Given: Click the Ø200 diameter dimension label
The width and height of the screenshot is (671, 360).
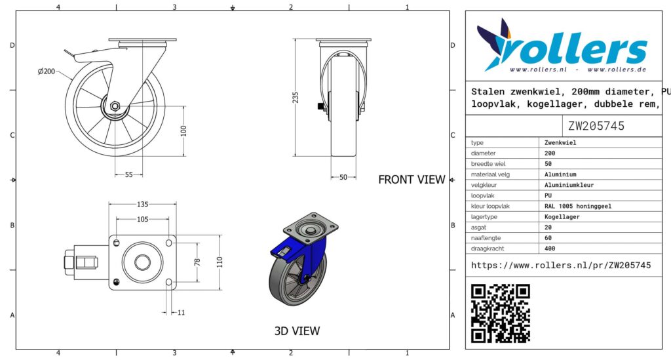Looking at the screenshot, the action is [47, 71].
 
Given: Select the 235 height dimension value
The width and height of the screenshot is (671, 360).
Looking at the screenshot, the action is [296, 98].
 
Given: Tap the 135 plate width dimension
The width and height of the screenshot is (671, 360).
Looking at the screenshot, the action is [142, 204].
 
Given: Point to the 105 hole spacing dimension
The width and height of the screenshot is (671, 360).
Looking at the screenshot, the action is [142, 219].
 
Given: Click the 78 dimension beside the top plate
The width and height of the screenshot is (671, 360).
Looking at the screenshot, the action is [197, 262].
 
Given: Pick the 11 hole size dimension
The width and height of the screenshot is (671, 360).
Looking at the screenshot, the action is [181, 313].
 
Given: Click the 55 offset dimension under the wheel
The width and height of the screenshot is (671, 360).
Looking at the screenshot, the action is [129, 174].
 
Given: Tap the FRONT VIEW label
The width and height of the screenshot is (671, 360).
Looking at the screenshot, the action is [412, 180].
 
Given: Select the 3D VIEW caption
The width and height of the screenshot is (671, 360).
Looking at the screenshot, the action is [297, 331].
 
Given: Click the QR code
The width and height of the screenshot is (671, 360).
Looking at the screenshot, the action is [501, 313].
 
